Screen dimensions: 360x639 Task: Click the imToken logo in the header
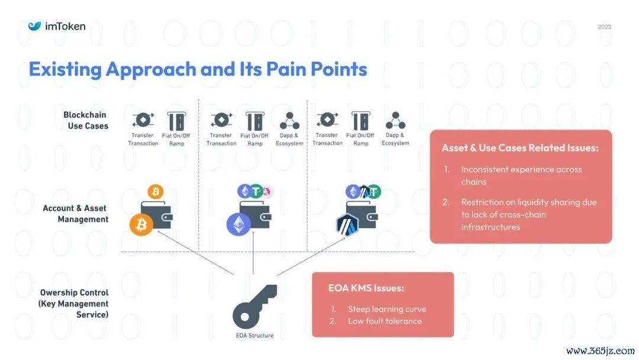pyautogui.click(x=57, y=26)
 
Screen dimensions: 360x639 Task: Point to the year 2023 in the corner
pyautogui.click(x=604, y=27)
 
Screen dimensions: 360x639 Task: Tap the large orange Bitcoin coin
pyautogui.click(x=142, y=225)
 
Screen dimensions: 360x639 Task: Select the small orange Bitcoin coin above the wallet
pyautogui.click(x=156, y=191)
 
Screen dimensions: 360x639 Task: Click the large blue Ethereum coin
pyautogui.click(x=238, y=224)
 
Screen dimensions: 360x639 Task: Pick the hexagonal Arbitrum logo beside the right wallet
pyautogui.click(x=348, y=224)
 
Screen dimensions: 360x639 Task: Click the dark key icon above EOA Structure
pyautogui.click(x=254, y=306)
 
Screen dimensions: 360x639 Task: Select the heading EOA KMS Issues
pyautogui.click(x=366, y=288)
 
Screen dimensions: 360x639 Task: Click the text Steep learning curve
pyautogui.click(x=386, y=309)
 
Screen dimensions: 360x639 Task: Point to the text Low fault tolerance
pyautogui.click(x=385, y=321)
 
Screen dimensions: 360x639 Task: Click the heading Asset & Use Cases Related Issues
pyautogui.click(x=520, y=148)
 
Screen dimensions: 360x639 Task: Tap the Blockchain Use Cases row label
pyautogui.click(x=86, y=120)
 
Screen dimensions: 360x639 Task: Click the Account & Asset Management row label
pyautogui.click(x=76, y=214)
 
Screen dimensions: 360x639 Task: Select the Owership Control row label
pyautogui.click(x=75, y=304)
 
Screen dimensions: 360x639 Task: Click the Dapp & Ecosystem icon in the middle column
pyautogui.click(x=289, y=121)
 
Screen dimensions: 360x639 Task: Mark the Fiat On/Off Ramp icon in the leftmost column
pyautogui.click(x=176, y=121)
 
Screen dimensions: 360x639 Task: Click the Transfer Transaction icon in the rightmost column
pyautogui.click(x=327, y=120)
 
